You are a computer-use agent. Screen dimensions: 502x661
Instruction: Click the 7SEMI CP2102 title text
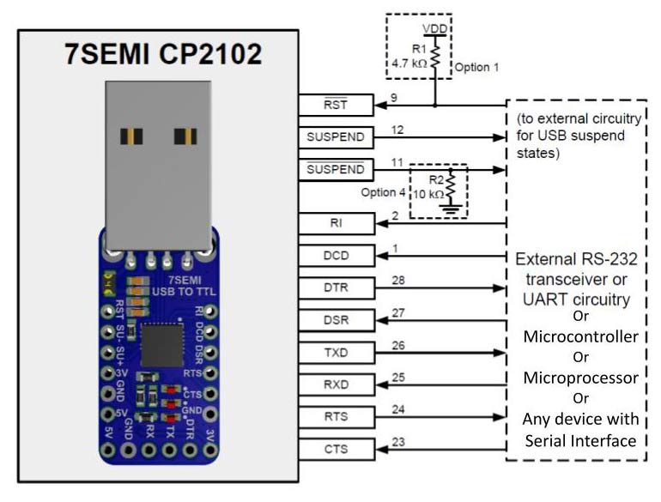tap(162, 54)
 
